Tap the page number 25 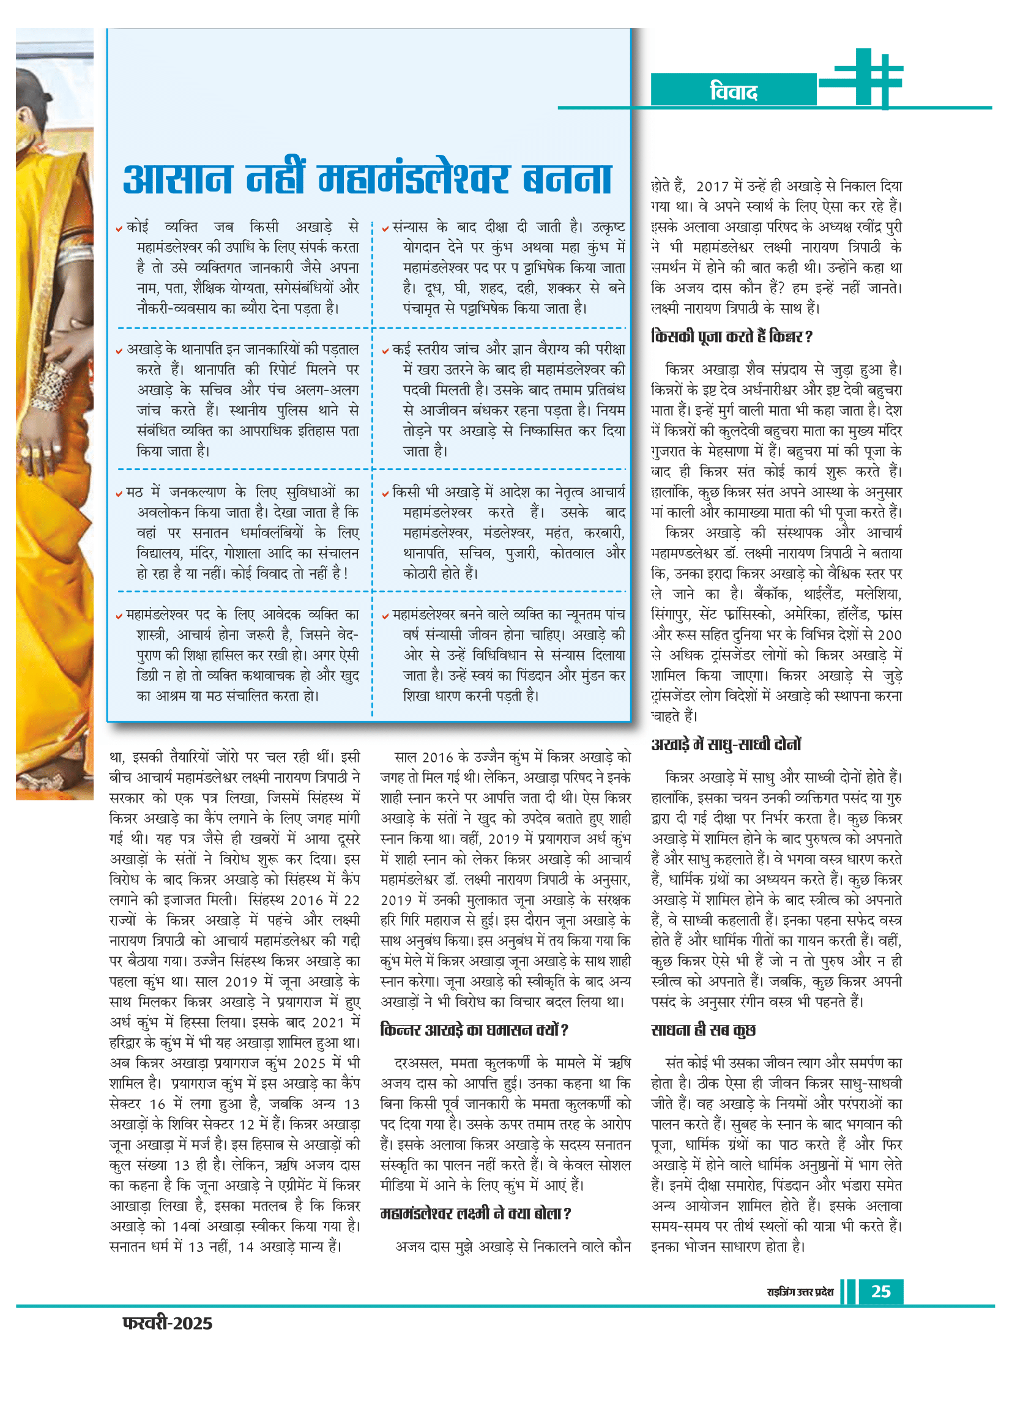[880, 1291]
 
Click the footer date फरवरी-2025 [167, 1323]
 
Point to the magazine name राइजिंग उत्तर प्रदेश [800, 1292]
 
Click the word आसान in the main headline [178, 179]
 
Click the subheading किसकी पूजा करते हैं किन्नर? [731, 337]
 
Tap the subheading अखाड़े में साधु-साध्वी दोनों [726, 744]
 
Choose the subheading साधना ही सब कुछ [704, 1030]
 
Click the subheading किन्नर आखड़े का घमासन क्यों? [474, 1030]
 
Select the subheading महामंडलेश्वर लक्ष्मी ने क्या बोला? [475, 1213]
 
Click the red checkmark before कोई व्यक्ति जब [119, 229]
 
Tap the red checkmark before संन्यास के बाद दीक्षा [385, 229]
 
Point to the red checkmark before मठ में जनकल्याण [119, 494]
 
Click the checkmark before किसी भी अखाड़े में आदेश [385, 494]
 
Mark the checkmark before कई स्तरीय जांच [385, 351]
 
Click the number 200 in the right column [890, 635]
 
